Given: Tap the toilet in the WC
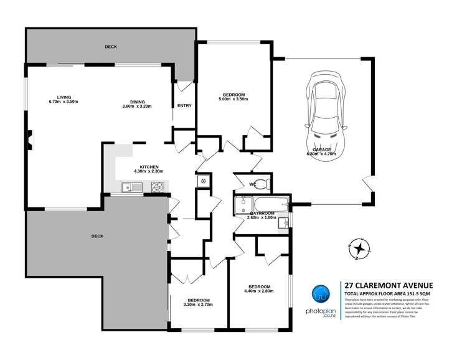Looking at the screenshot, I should click(x=263, y=184).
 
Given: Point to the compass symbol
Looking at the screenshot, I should click(x=358, y=248).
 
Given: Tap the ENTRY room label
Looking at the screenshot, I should click(x=184, y=106).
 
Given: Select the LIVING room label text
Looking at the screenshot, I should click(x=64, y=97).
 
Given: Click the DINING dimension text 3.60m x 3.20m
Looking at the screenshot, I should click(x=138, y=107).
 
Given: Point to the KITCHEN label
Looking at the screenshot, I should click(x=149, y=166).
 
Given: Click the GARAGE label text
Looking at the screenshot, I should click(x=321, y=149).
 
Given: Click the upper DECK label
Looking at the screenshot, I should click(x=111, y=47).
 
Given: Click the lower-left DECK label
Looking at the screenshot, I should click(x=97, y=236).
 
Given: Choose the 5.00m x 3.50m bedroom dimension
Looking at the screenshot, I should click(x=233, y=99).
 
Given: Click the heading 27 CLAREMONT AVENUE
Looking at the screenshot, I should click(x=384, y=286).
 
